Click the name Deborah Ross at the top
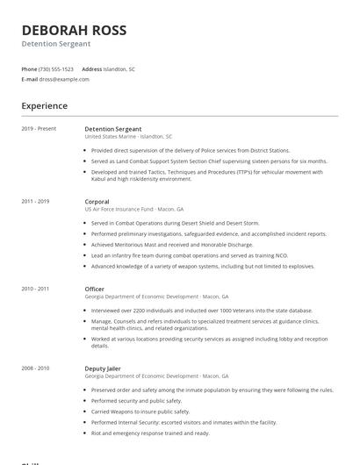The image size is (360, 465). [x=74, y=30]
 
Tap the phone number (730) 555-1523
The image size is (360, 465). [x=56, y=68]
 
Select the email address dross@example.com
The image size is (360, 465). [x=64, y=79]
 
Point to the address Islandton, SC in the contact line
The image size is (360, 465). [x=119, y=68]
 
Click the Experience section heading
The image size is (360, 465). [x=45, y=106]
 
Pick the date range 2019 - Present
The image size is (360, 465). [x=39, y=129]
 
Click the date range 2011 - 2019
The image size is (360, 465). [x=36, y=202]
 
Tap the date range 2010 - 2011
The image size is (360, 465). [x=36, y=289]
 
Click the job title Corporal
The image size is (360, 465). [x=97, y=202]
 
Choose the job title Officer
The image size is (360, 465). [x=95, y=289]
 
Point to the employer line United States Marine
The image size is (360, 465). [x=128, y=137]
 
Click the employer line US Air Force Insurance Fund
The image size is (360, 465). [x=133, y=210]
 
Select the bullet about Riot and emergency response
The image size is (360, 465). [x=150, y=433]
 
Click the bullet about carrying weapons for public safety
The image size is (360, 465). [x=140, y=411]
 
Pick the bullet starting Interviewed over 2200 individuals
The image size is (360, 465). [x=201, y=311]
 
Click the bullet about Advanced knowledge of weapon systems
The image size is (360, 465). [x=202, y=266]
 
